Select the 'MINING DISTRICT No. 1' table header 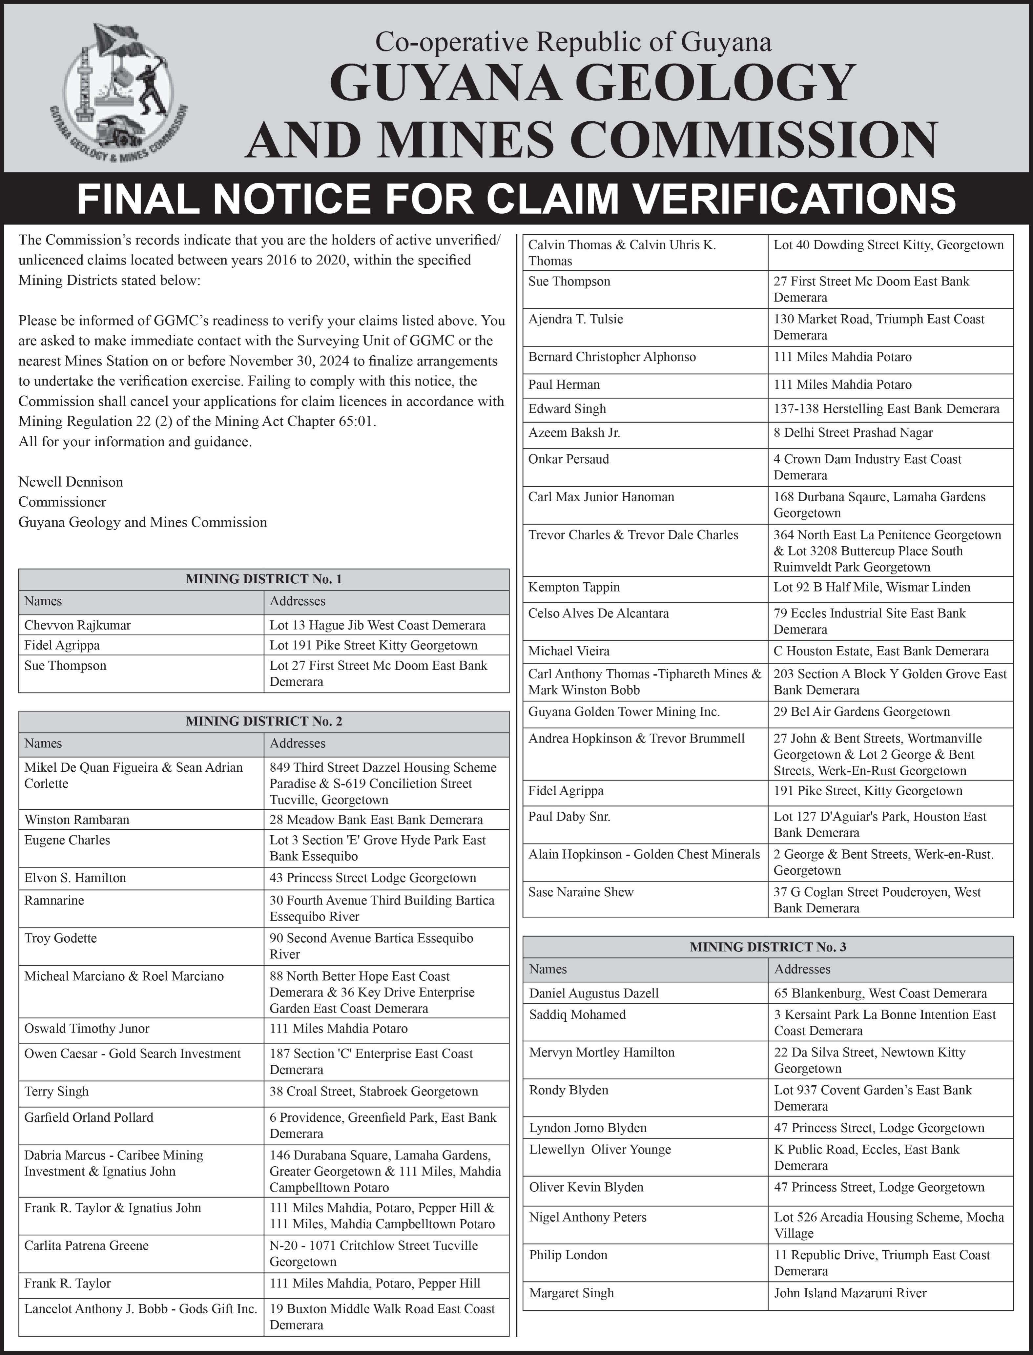(264, 578)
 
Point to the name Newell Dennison (71, 481)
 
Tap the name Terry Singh (56, 1091)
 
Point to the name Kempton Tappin (574, 587)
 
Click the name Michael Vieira (569, 651)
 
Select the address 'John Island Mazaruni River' (850, 1293)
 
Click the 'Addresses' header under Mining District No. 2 (298, 743)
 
